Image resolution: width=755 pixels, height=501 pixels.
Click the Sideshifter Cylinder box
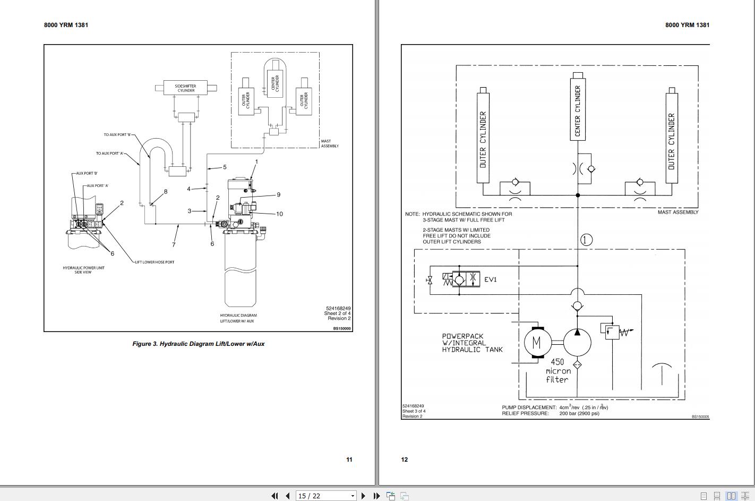point(185,88)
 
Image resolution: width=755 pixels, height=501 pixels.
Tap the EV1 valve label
point(490,279)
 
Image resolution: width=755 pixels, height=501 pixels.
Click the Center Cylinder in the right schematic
point(578,109)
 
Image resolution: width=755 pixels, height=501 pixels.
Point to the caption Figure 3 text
point(198,344)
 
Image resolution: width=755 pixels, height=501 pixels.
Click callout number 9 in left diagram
point(278,195)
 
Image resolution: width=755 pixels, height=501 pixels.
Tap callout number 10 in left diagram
point(279,214)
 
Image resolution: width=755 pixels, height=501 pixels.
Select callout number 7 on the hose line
point(174,245)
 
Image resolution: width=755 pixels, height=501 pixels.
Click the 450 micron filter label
point(557,371)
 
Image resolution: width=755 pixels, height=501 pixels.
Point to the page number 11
point(349,460)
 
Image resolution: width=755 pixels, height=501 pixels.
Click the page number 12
point(405,460)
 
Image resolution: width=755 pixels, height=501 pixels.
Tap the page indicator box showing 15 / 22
point(325,496)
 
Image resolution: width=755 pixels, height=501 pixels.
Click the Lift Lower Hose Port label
point(155,262)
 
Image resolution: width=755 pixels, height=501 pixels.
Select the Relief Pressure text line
point(551,413)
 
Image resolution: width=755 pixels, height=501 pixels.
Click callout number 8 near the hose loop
point(166,192)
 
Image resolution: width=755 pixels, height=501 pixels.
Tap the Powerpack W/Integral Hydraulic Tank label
point(472,343)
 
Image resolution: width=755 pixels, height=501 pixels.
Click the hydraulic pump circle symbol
point(577,342)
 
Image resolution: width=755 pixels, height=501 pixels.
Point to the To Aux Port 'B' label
point(117,135)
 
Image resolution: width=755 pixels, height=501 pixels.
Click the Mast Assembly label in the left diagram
point(330,143)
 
